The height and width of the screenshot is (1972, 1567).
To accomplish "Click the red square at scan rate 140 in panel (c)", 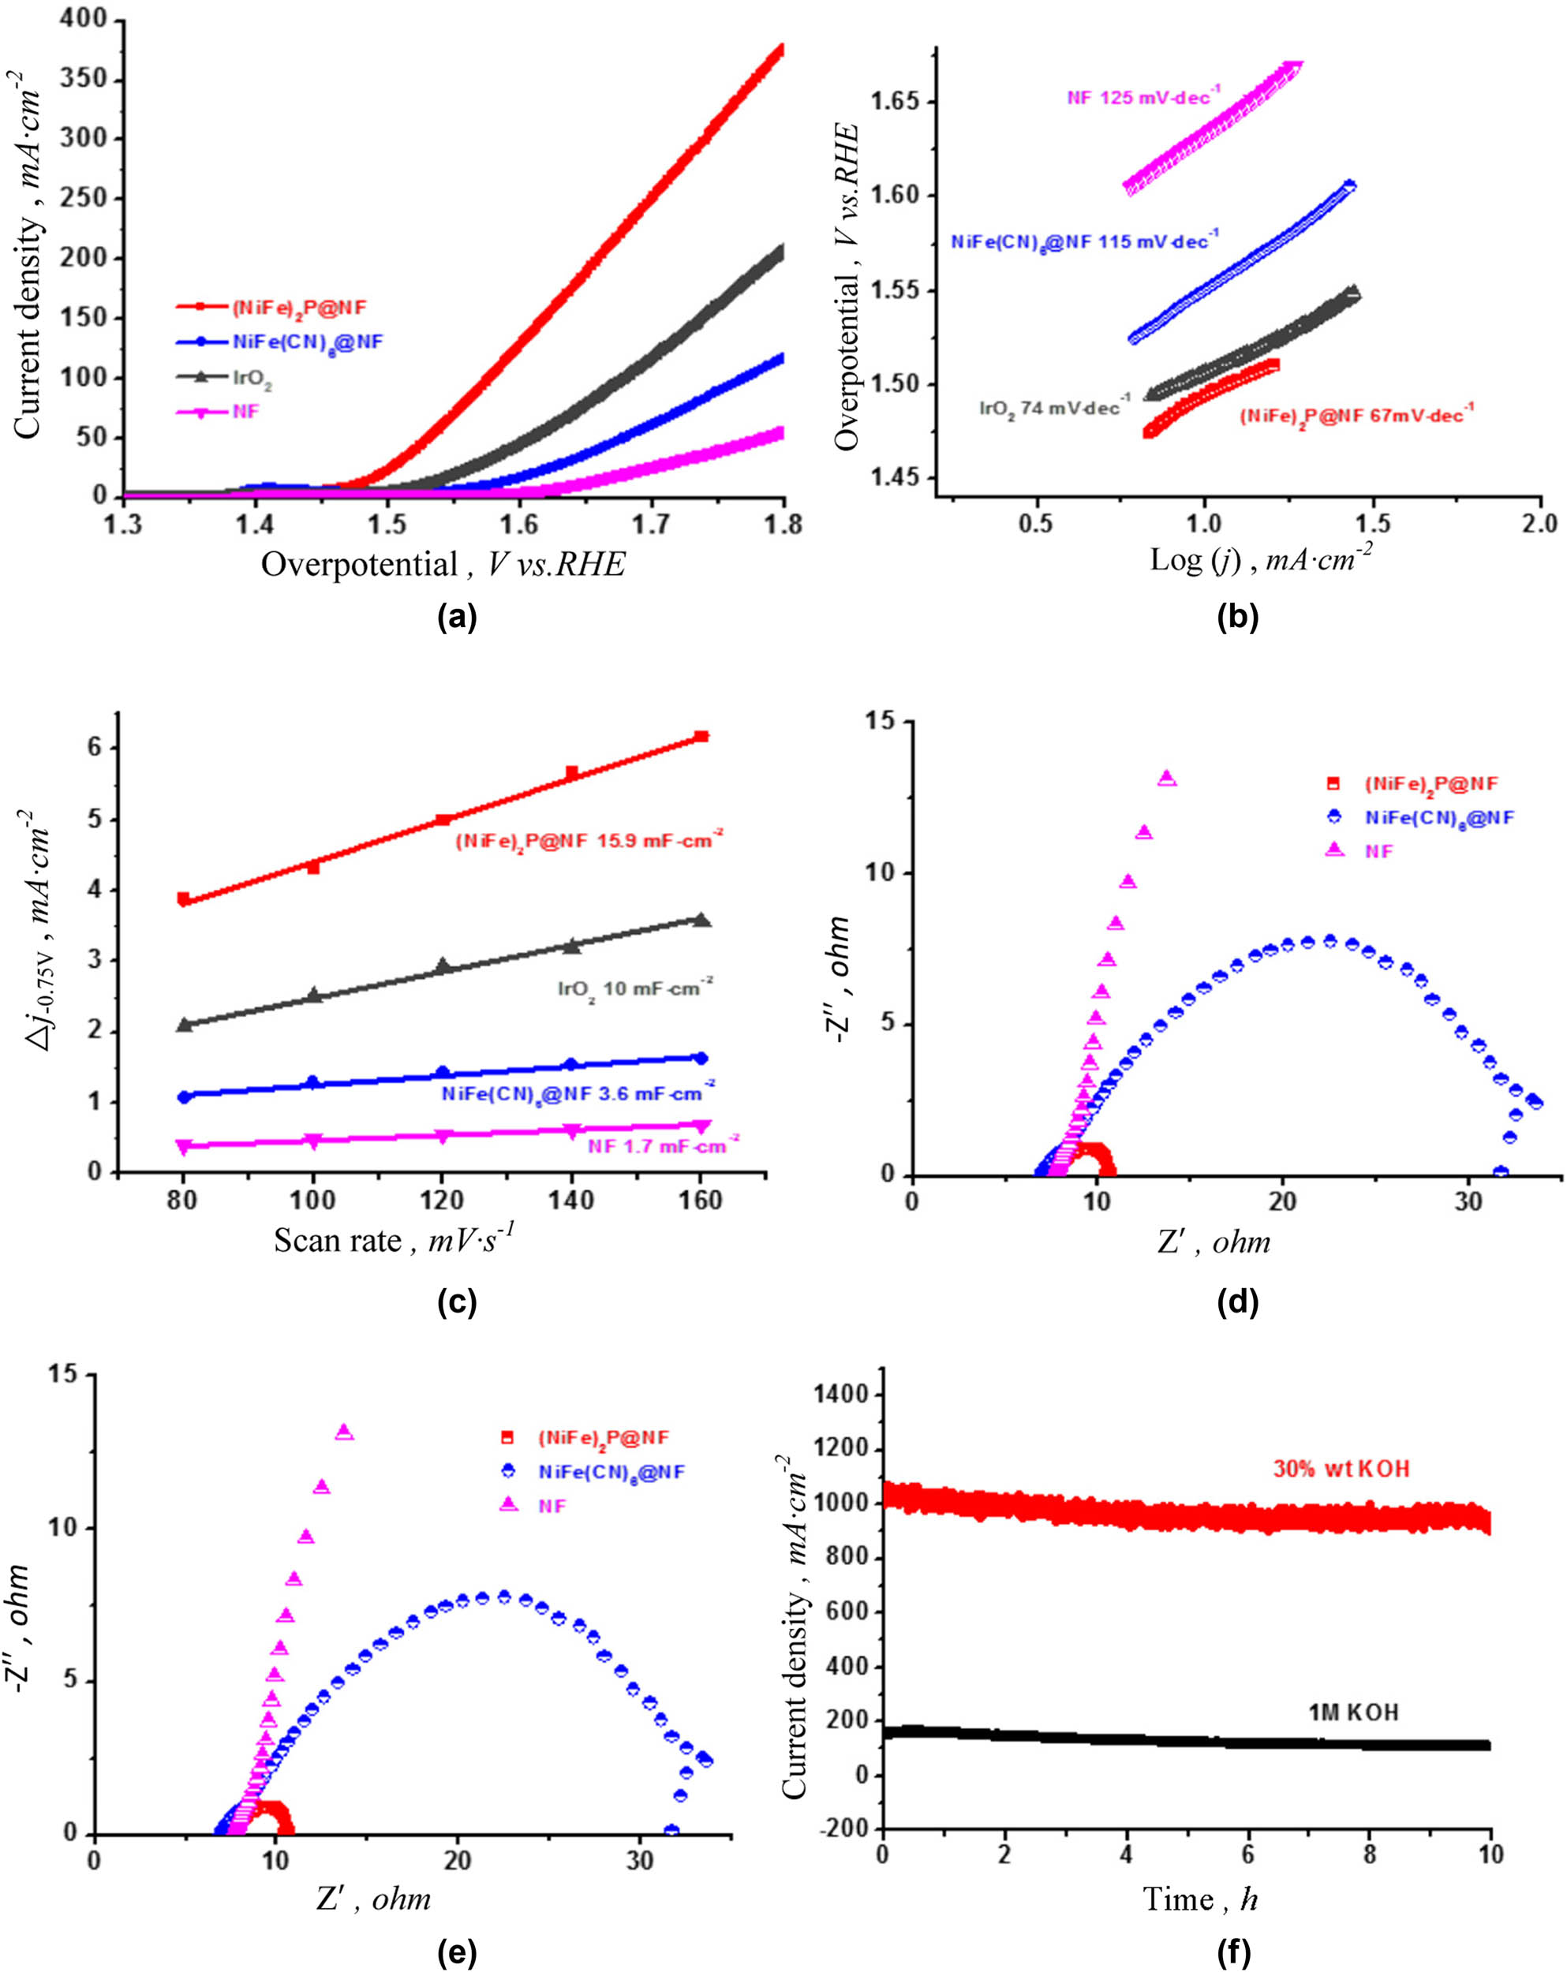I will click(x=572, y=774).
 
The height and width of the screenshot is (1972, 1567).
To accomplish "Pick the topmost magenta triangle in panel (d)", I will click(x=1167, y=779).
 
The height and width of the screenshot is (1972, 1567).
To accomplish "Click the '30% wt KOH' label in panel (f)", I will click(x=1341, y=1469).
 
